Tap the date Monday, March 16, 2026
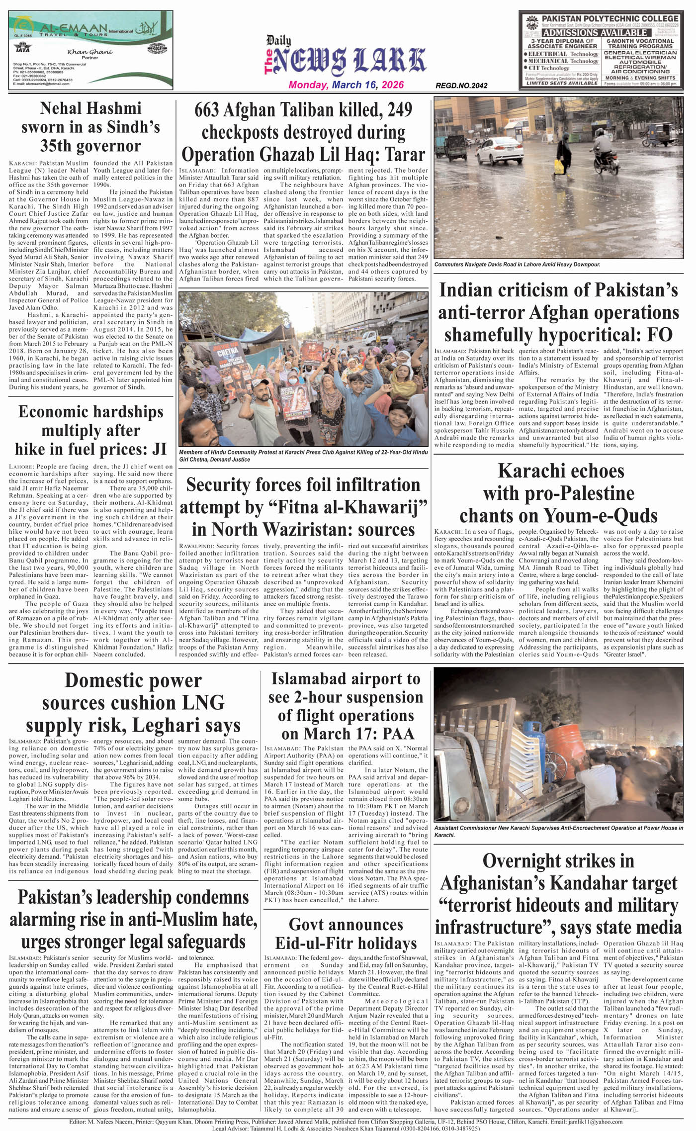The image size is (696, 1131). click(346, 85)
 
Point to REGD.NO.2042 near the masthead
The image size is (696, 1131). click(461, 86)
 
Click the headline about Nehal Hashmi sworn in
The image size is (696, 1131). click(90, 127)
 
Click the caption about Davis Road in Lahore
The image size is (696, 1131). click(517, 265)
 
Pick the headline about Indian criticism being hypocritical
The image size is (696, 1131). click(558, 312)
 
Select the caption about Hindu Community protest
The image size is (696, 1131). click(303, 456)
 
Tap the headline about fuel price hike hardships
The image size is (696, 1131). click(90, 430)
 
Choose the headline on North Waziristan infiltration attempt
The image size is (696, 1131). click(303, 507)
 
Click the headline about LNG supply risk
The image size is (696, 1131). click(133, 703)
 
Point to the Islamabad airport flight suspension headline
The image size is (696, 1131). click(346, 706)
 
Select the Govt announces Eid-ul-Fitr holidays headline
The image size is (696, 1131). click(346, 934)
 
